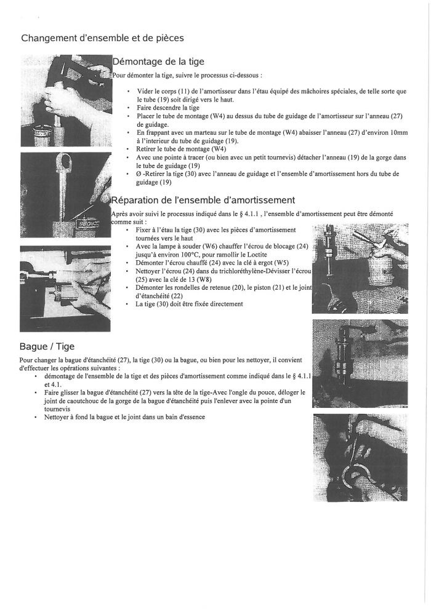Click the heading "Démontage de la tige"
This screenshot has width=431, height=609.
(x=158, y=62)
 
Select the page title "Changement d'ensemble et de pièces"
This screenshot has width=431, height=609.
(x=102, y=38)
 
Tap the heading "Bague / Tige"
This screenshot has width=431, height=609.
(x=47, y=346)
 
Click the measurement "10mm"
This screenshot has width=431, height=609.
(x=398, y=133)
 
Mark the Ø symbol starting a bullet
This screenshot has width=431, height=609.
(x=139, y=174)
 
